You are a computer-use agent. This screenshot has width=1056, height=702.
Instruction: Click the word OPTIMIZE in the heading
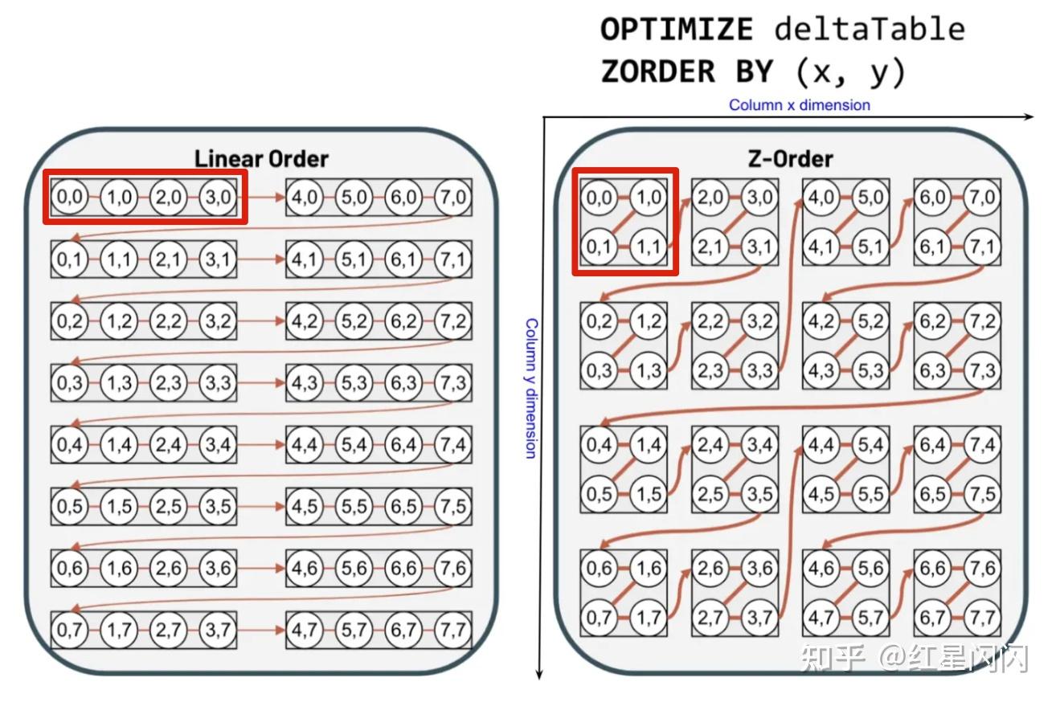pos(676,31)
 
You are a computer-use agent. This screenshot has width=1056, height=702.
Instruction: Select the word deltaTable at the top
pos(870,31)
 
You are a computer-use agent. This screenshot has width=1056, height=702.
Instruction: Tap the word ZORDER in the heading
pos(658,72)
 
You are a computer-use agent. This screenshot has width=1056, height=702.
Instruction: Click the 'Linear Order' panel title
pos(261,158)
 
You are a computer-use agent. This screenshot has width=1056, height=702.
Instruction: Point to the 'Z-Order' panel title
pos(790,158)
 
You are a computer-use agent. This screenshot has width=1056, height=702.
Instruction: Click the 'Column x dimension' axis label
pos(799,105)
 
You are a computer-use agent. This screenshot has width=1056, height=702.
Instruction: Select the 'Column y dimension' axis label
pos(530,388)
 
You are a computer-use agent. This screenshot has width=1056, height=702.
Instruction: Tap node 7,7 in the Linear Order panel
pos(453,630)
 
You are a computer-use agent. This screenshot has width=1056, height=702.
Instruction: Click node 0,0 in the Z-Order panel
pos(599,198)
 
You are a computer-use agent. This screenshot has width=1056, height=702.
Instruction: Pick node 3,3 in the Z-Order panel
pos(759,370)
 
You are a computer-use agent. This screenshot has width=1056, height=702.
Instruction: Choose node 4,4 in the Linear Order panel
pos(305,444)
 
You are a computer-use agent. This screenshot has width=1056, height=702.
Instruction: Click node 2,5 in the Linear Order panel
pos(168,506)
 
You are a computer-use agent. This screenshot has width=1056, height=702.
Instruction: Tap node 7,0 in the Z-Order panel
pos(981,198)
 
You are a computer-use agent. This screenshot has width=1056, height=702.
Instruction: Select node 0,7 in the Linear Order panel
pos(70,630)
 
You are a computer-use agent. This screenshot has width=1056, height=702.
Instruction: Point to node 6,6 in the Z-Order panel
pos(932,568)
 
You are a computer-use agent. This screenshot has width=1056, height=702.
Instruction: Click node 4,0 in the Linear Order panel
pos(305,198)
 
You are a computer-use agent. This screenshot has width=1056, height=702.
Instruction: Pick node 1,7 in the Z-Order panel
pos(648,618)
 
